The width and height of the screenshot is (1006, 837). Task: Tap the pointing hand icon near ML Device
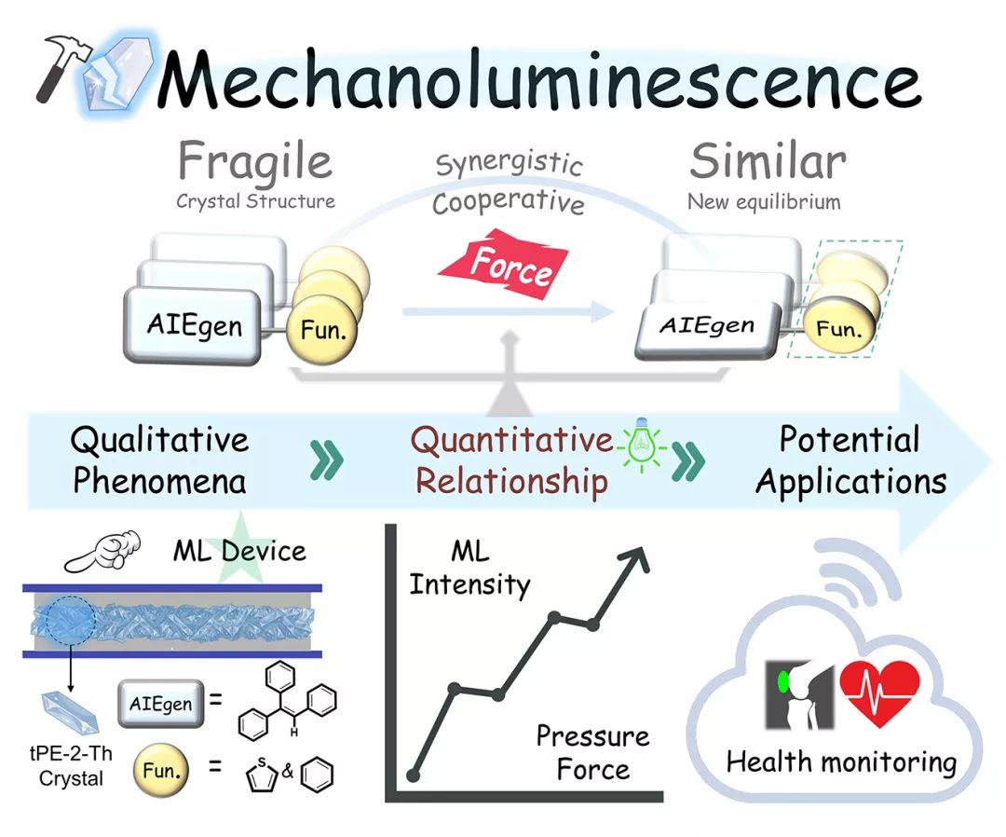(103, 551)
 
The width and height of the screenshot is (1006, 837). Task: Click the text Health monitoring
(840, 762)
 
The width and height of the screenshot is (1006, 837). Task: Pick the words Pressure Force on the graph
(592, 753)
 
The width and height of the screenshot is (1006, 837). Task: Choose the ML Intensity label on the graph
(469, 568)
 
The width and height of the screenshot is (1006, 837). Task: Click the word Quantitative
(512, 439)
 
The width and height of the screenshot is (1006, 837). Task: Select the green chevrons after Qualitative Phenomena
(327, 460)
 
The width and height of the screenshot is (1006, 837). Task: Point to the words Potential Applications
(850, 460)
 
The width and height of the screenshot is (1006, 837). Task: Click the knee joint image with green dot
(798, 694)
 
